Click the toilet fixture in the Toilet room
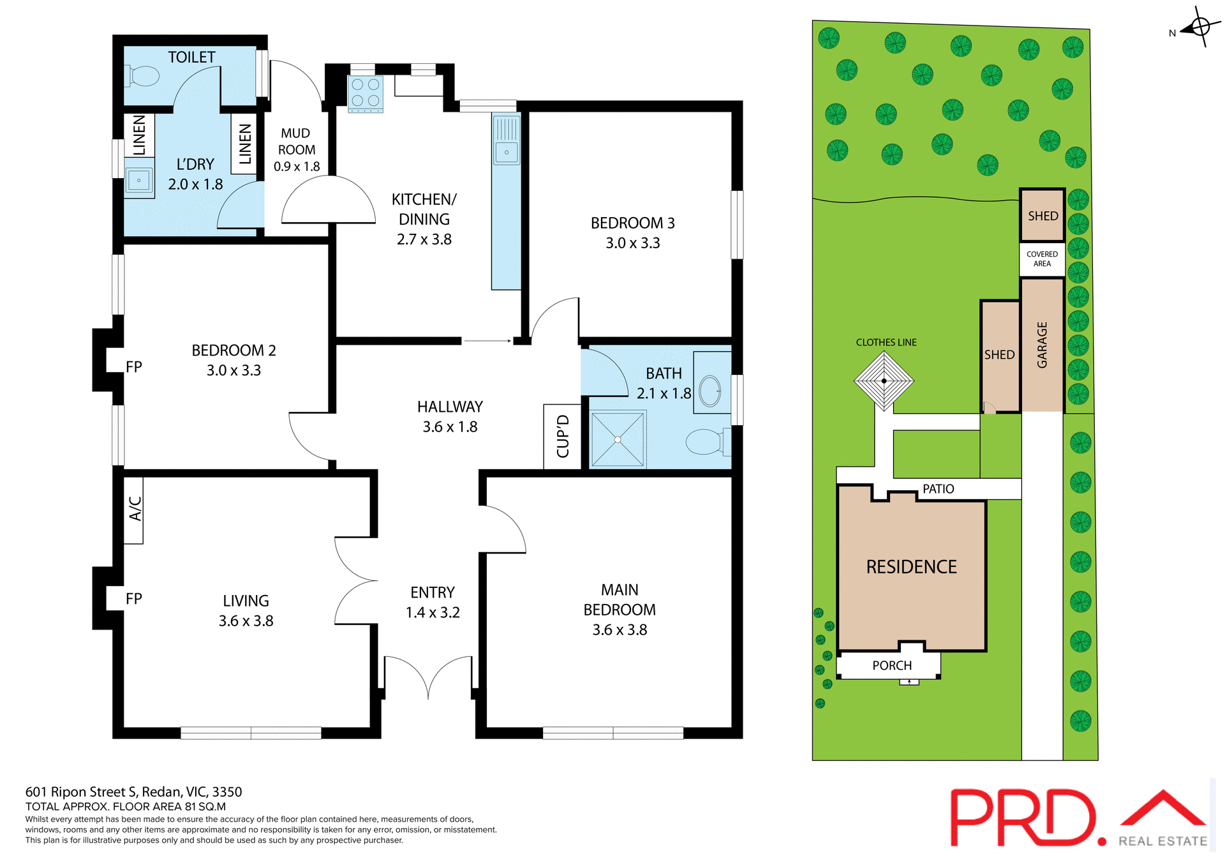coord(143,76)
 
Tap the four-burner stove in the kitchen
coord(366,93)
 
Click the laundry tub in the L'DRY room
coord(139,180)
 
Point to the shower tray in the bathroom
coord(618,439)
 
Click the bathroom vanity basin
coord(709,391)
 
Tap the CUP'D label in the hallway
coord(563,437)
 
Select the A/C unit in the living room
coord(134,509)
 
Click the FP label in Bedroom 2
coord(134,367)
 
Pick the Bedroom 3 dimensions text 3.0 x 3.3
coord(632,243)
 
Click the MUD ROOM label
coord(296,142)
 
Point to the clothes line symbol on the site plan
coord(884,381)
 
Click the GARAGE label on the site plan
coord(1042,345)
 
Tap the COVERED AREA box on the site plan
coord(1042,259)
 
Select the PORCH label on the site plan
coord(891,665)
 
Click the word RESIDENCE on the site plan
coord(911,567)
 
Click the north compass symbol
coord(1199,27)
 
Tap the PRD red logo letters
coord(1024,817)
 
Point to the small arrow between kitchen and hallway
coord(487,341)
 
